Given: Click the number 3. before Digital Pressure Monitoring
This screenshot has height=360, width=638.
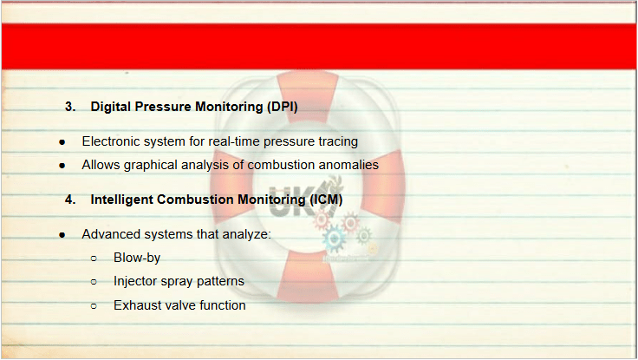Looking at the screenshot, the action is [x=70, y=107].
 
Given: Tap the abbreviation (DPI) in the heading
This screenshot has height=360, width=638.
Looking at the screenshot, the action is [x=283, y=107].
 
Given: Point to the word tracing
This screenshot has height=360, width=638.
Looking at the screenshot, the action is [x=338, y=141].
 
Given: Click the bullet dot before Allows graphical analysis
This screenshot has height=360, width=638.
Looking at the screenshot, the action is [x=62, y=166].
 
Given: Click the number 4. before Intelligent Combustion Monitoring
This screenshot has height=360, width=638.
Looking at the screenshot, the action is [x=70, y=200].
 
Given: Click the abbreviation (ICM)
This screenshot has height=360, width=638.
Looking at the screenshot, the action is [x=326, y=200].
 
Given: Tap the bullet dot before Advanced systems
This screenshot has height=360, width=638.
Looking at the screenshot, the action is [x=62, y=235].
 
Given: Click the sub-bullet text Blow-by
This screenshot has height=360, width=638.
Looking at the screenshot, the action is [x=137, y=258].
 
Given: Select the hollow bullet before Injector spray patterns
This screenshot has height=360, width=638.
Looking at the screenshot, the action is [x=94, y=281].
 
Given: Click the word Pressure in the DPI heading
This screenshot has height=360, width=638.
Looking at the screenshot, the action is [x=163, y=107].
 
